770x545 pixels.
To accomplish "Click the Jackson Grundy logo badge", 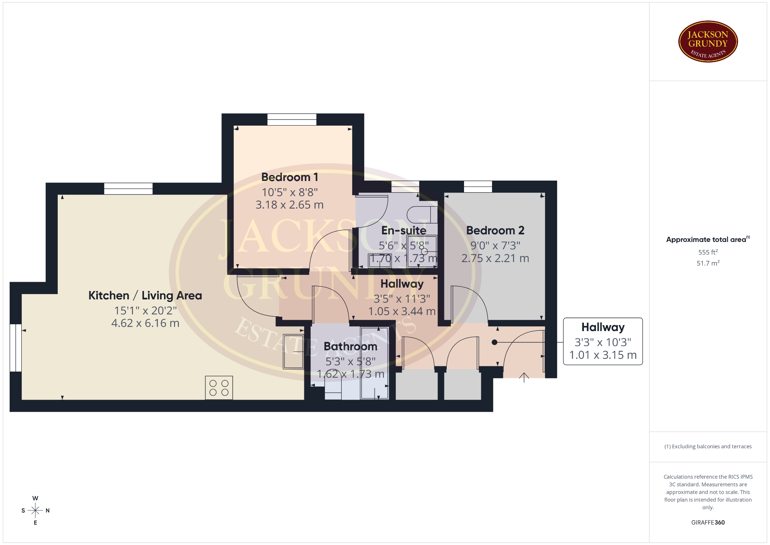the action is tap(708, 42).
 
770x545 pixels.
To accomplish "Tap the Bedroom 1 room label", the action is tap(290, 177).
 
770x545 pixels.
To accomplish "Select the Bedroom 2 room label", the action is tap(495, 230).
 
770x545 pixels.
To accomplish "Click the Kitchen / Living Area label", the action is tap(145, 296).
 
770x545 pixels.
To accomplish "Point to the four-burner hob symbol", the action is tap(219, 387).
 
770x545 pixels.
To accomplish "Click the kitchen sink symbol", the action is tap(294, 351).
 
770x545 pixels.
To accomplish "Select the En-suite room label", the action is tap(404, 230).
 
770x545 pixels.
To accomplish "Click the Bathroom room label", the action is tap(351, 346).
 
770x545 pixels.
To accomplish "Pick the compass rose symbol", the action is tap(35, 510).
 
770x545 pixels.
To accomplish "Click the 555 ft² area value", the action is tap(708, 252).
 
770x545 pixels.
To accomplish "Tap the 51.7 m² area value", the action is tap(708, 263).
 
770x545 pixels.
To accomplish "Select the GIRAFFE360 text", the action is tap(708, 523).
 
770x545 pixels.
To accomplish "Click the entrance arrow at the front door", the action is tap(524, 378).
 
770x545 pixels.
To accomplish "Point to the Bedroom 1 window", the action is tap(292, 120).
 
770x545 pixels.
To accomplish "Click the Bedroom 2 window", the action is tap(478, 187).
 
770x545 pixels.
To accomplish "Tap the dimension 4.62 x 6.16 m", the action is tap(145, 323).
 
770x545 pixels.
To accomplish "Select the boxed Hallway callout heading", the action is tap(603, 327).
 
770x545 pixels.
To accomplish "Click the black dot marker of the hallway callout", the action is tap(494, 342).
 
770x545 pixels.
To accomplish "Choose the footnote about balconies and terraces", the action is tap(708, 446).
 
